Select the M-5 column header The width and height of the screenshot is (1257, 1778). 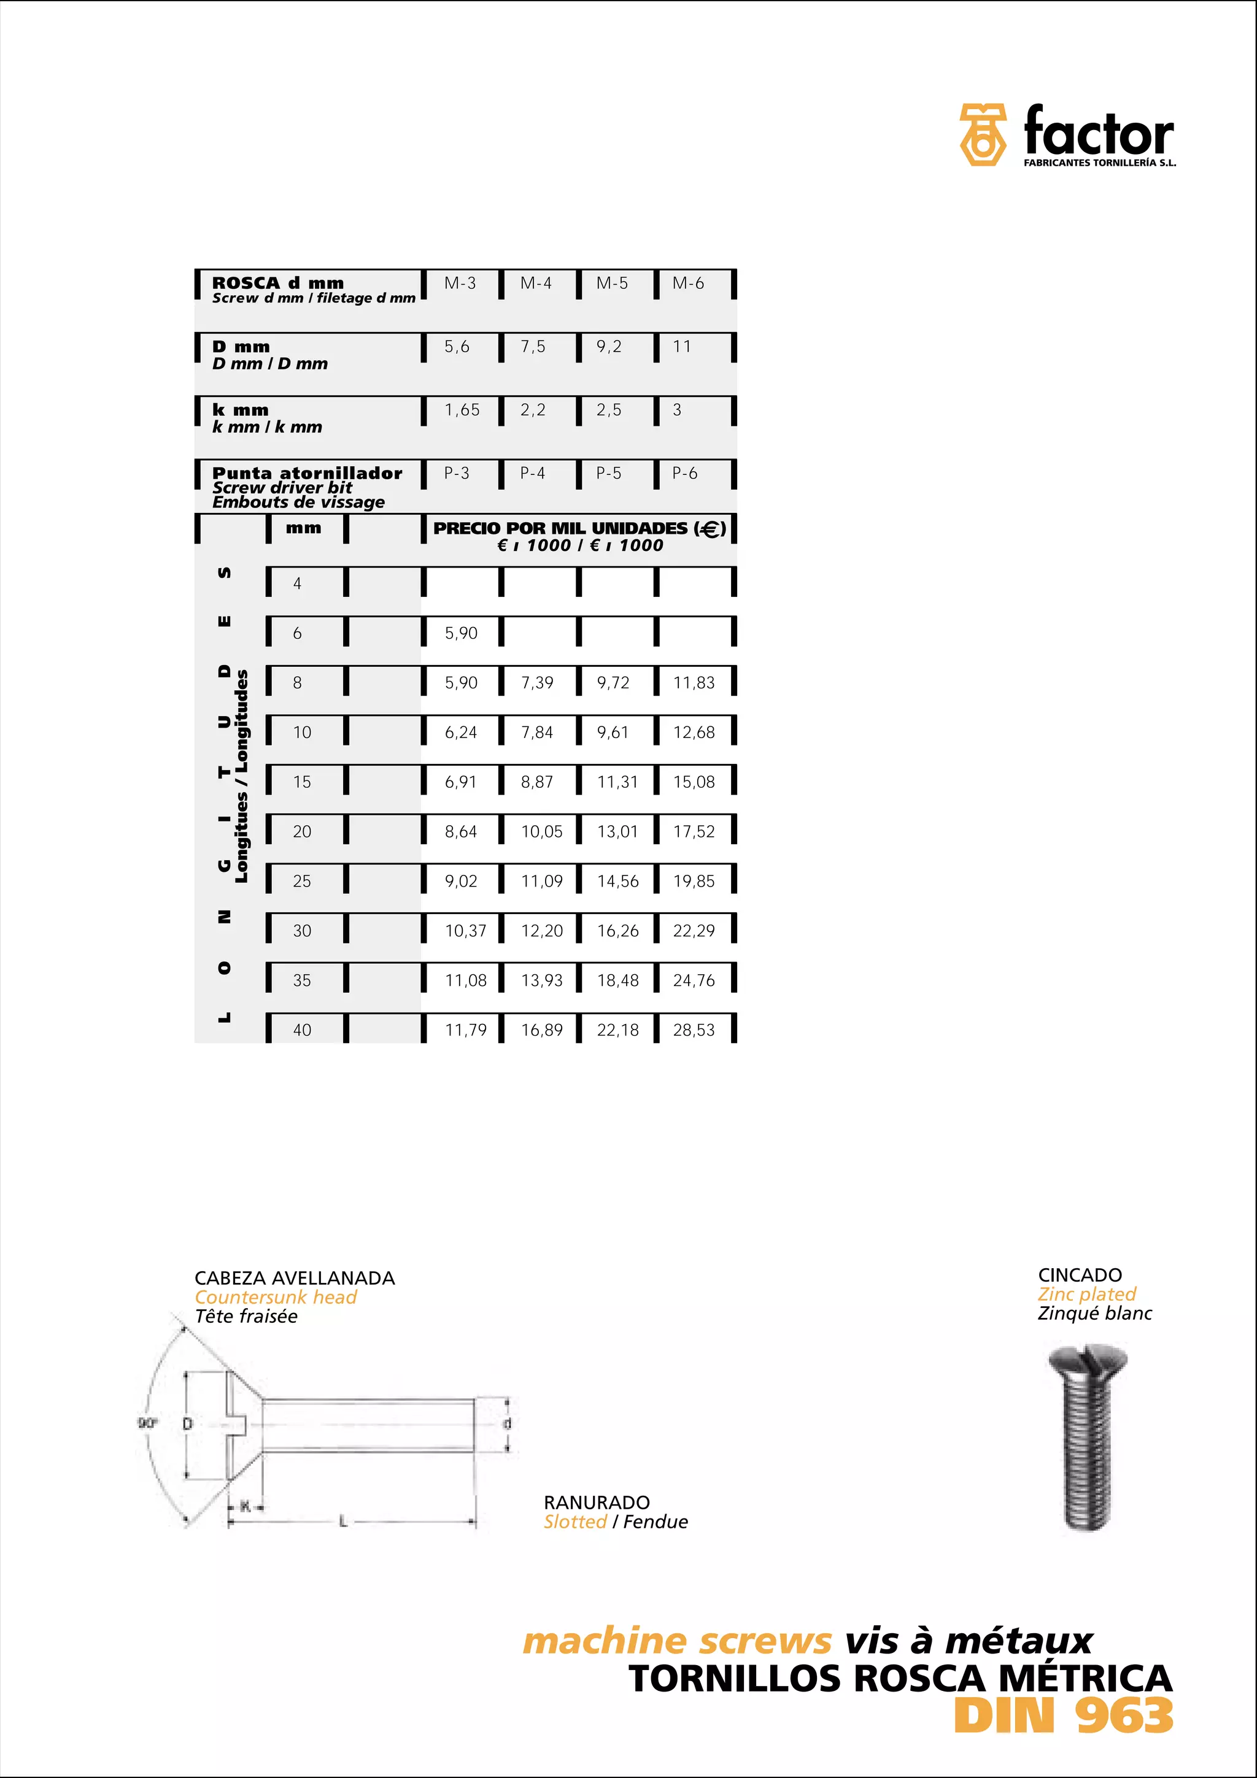[612, 283]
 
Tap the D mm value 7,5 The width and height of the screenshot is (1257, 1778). [533, 347]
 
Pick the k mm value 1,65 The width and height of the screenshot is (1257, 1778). [462, 410]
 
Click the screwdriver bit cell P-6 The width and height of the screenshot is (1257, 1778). [684, 473]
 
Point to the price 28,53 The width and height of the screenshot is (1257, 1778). [694, 1030]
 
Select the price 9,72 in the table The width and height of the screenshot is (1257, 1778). [613, 683]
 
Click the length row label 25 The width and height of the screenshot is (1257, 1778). [302, 881]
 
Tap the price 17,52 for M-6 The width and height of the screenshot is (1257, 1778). [694, 832]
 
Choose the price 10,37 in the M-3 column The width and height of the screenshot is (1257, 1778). [465, 931]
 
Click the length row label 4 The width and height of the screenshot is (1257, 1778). [298, 584]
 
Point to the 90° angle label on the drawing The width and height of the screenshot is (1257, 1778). [147, 1423]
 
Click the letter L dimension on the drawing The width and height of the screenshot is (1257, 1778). [343, 1522]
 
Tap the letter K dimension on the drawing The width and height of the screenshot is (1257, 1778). [246, 1506]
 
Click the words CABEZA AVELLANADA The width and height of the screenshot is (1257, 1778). [295, 1279]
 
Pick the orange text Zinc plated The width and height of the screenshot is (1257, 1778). [1086, 1294]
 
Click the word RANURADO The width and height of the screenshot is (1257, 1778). [597, 1503]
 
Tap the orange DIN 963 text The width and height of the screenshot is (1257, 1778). [1064, 1716]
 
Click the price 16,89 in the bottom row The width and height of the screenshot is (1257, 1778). [541, 1030]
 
